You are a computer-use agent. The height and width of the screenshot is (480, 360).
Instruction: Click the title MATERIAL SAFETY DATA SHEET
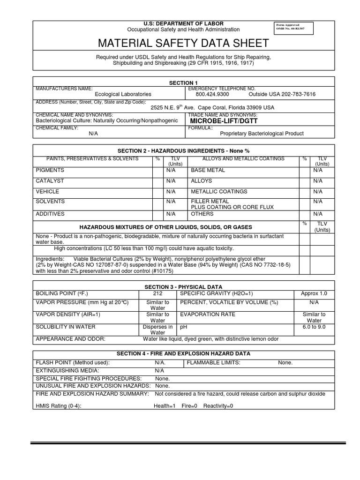click(183, 44)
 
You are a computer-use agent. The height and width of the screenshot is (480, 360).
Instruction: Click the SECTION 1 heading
click(183, 82)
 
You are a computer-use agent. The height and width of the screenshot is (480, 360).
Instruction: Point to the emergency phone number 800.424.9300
click(212, 94)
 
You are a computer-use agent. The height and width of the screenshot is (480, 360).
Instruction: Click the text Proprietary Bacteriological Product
click(262, 134)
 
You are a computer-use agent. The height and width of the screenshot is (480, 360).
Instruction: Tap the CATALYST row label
click(50, 181)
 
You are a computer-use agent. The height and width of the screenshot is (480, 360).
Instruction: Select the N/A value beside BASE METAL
click(318, 170)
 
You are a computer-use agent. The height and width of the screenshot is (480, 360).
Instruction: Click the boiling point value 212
click(157, 293)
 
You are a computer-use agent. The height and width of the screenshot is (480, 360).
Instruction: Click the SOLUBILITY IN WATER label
click(66, 326)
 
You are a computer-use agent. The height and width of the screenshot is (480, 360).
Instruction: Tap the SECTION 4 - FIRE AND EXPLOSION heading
click(183, 353)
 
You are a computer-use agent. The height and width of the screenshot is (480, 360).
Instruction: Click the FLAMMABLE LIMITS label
click(214, 362)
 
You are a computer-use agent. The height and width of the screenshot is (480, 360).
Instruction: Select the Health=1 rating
click(165, 406)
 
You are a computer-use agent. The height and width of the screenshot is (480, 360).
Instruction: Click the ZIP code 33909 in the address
click(253, 107)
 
